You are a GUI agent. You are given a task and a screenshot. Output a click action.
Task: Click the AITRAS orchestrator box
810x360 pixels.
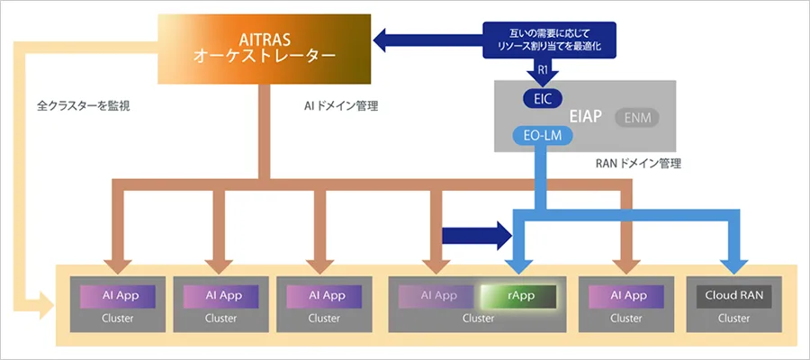(x=265, y=46)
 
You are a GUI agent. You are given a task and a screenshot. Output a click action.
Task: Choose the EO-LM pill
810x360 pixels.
(x=544, y=137)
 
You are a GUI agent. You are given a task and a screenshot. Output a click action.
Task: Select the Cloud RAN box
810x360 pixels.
(x=733, y=295)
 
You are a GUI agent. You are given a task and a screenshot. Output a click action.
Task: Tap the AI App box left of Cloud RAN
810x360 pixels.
(x=628, y=295)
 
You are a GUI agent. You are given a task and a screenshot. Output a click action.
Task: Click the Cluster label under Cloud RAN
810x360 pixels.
(x=733, y=318)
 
